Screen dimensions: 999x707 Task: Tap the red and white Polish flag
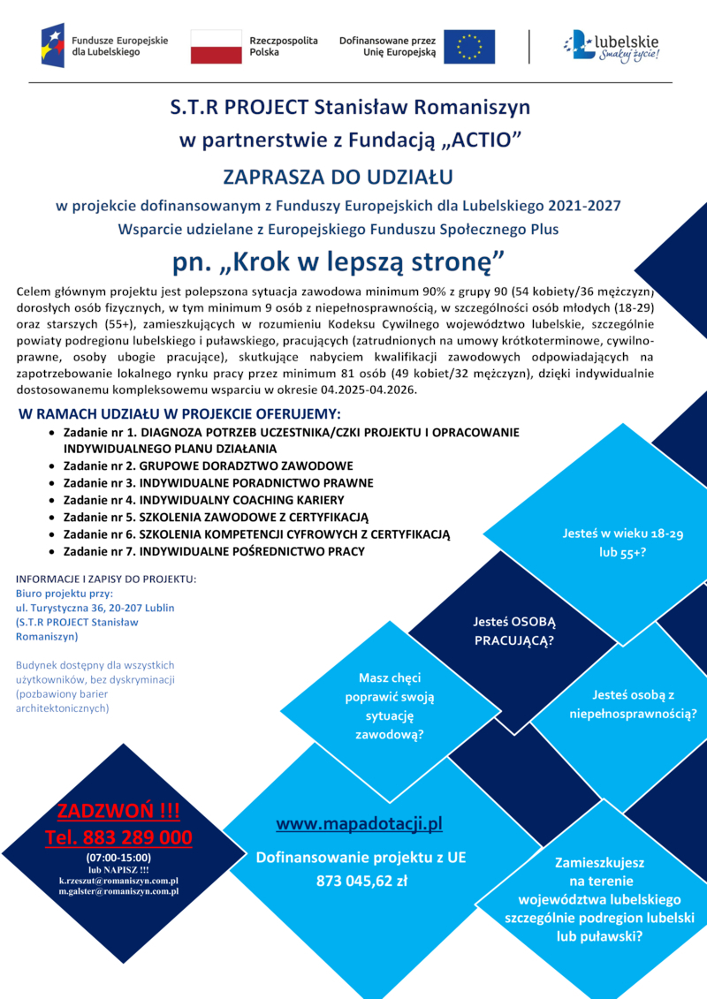[x=217, y=46]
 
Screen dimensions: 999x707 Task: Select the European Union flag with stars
[x=468, y=46]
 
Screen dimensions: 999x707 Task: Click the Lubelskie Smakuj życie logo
[x=613, y=45]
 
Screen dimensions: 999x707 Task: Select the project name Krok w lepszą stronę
[x=351, y=261]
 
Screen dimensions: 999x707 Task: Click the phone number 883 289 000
[x=118, y=837]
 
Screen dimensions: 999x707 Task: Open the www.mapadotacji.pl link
[x=359, y=825]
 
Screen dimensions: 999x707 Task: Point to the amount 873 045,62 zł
[x=361, y=880]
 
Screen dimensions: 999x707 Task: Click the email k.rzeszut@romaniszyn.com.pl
[x=118, y=881]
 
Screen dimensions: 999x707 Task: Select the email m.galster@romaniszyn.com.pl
[x=118, y=892]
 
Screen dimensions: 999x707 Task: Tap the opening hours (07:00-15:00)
[x=118, y=857]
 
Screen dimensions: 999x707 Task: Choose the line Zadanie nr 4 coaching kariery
[x=197, y=500]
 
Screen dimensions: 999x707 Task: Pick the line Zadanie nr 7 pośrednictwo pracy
[x=214, y=551]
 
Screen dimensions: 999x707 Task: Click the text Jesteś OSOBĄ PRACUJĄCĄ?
[x=513, y=632]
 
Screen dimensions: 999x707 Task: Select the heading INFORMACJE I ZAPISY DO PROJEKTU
[x=106, y=579]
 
